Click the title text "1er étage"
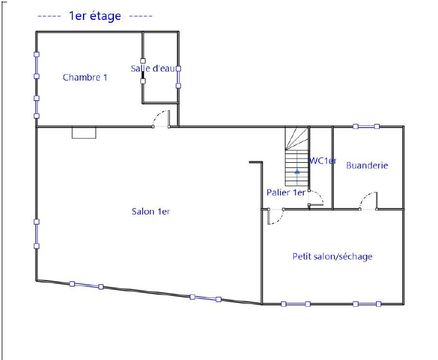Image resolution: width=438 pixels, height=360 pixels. [x=95, y=16]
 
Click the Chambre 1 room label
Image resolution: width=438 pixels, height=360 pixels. [x=85, y=77]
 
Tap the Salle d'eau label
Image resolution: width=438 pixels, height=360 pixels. [x=153, y=68]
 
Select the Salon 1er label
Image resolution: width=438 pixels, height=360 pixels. [x=151, y=212]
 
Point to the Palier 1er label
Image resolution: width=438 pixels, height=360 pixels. [x=286, y=193]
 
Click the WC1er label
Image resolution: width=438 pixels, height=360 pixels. [x=323, y=160]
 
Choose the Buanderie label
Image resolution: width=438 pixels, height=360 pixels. [x=367, y=166]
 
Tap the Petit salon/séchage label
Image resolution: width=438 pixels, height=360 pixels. [x=332, y=257]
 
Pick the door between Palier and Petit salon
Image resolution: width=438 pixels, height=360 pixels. [x=276, y=216]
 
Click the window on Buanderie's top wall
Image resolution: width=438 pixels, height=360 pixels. [x=366, y=127]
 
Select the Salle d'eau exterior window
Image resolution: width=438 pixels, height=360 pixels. [x=179, y=77]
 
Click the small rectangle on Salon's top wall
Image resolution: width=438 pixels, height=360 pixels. [x=84, y=133]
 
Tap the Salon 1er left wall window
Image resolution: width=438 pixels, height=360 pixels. [x=37, y=234]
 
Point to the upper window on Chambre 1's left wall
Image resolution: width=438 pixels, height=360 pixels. [x=37, y=65]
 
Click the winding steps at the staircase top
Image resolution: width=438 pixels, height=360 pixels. [x=297, y=138]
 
